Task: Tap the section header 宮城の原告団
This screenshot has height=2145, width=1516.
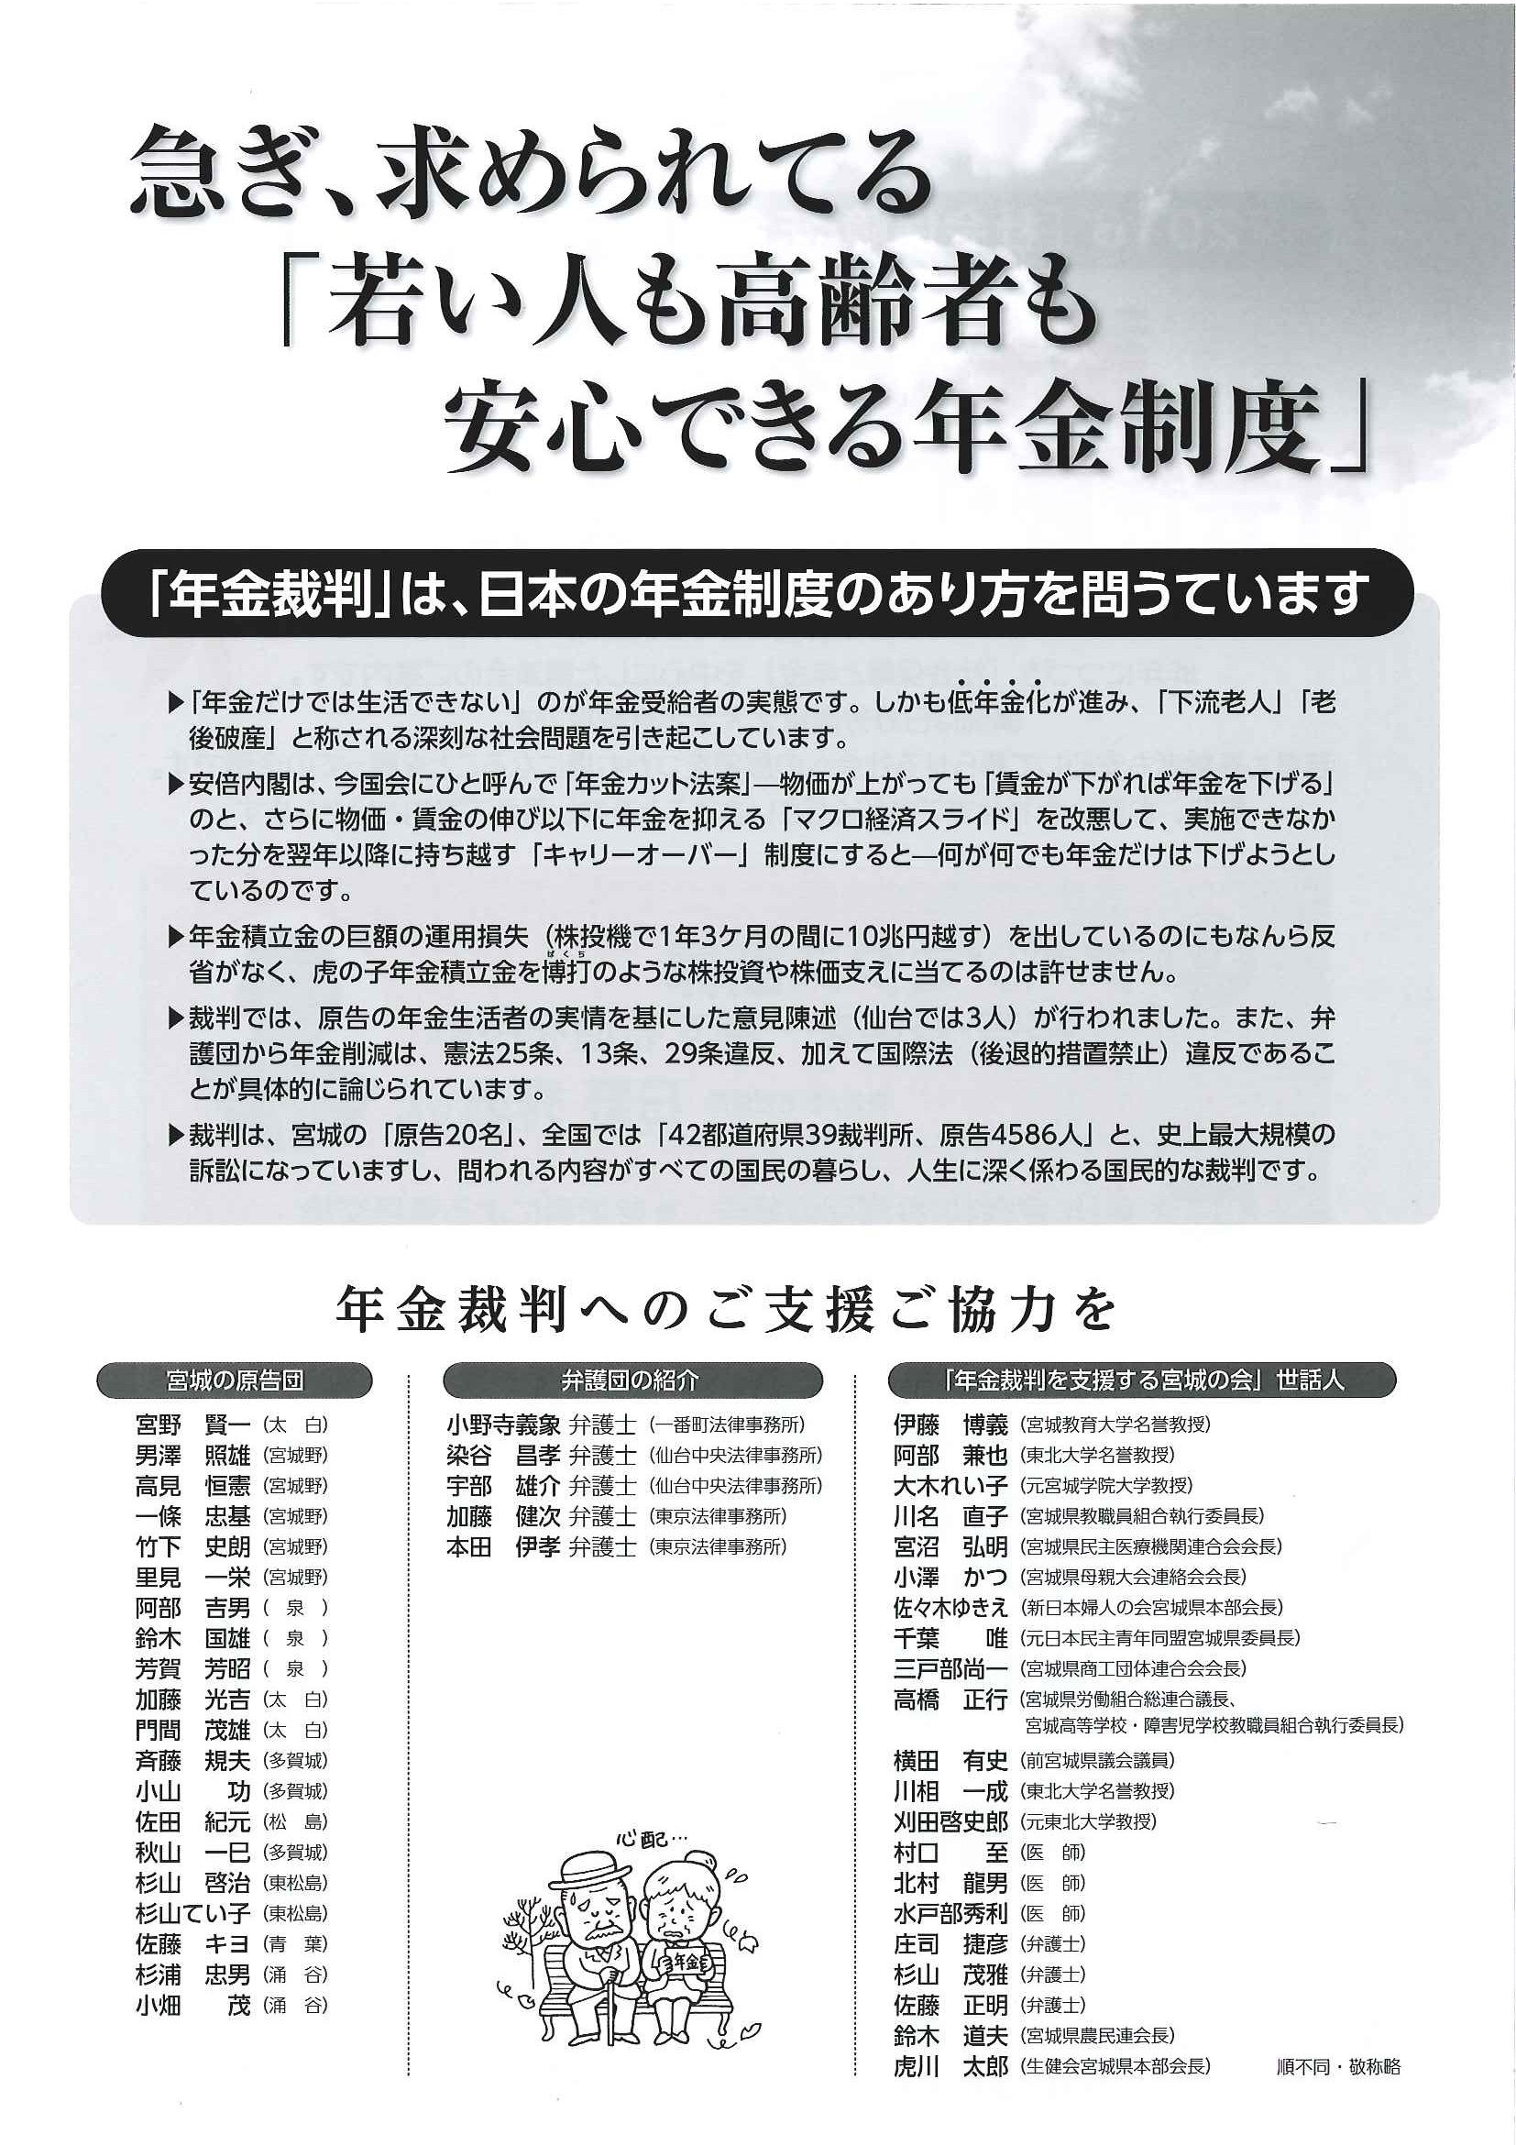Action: click(x=235, y=1380)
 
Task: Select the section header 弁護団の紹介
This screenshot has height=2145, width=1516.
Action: click(x=632, y=1380)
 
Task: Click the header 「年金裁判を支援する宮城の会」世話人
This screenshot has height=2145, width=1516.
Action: click(x=1141, y=1380)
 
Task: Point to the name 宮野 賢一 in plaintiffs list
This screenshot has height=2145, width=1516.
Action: click(x=192, y=1425)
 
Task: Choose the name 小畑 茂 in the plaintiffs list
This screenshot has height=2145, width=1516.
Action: click(x=192, y=2006)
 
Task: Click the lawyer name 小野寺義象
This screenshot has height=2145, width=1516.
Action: click(x=502, y=1425)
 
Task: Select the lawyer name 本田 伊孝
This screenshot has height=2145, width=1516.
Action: click(x=502, y=1547)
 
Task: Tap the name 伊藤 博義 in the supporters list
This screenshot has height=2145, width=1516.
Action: click(x=950, y=1425)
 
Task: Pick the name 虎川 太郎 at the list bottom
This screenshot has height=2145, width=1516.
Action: click(x=950, y=2066)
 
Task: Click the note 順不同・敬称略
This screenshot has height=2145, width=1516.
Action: click(x=1337, y=2066)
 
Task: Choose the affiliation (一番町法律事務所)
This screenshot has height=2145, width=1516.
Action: click(x=727, y=1425)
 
